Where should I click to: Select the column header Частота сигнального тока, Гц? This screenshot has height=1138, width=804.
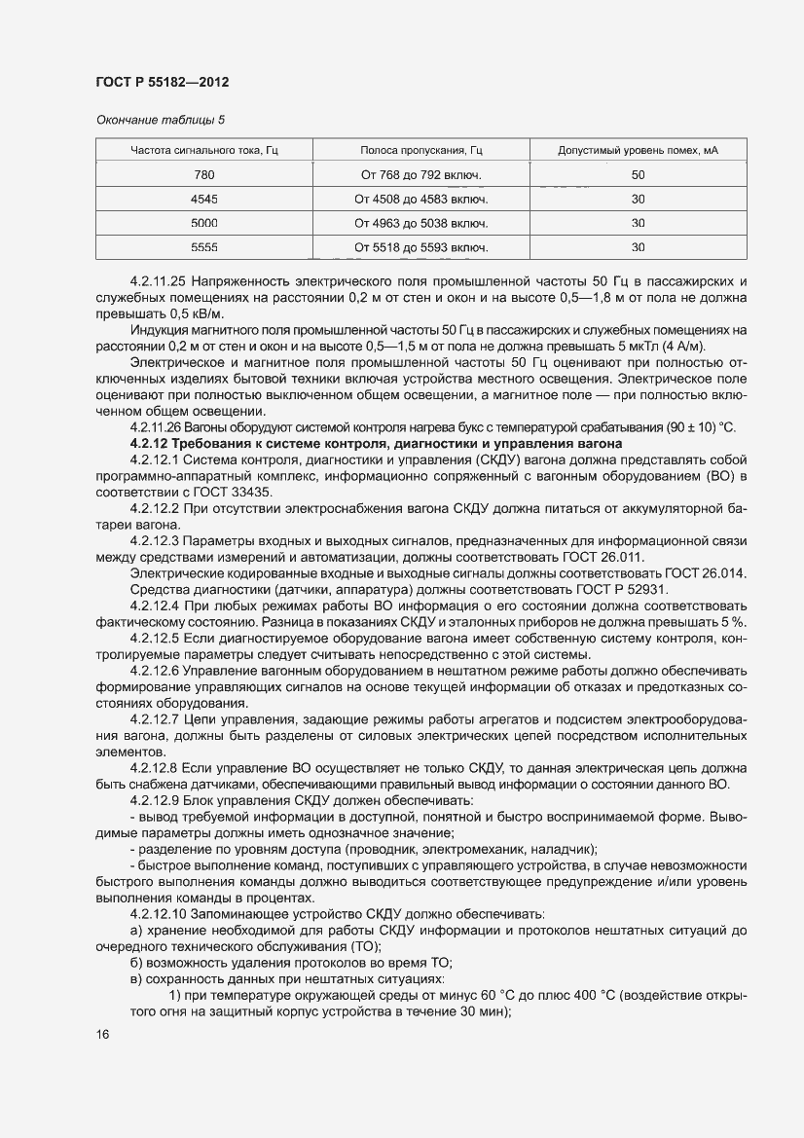[204, 150]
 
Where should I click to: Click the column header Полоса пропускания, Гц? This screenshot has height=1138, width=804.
[421, 150]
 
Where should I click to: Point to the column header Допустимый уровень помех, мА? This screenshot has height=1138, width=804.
[638, 150]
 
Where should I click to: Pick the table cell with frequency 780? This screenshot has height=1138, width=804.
[204, 175]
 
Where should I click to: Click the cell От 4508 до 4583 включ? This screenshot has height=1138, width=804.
[421, 199]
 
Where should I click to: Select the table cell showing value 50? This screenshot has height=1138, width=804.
[638, 175]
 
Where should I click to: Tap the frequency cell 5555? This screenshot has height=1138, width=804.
[204, 247]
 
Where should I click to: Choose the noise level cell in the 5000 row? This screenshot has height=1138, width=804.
[638, 223]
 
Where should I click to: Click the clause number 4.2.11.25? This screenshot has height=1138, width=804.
[160, 279]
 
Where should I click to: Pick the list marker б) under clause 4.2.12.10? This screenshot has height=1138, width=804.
[136, 962]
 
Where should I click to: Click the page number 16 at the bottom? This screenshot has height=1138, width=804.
[103, 1034]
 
